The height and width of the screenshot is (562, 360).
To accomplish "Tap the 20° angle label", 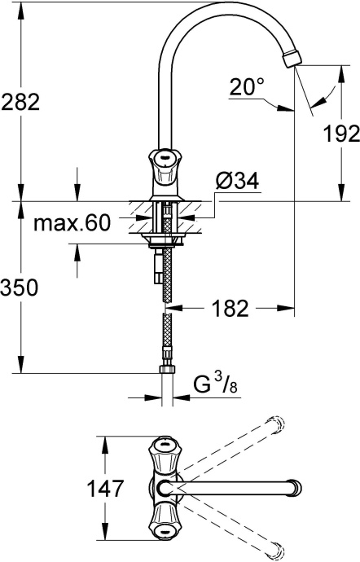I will point(248,86).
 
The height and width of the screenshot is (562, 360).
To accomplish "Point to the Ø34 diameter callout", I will point(239,183).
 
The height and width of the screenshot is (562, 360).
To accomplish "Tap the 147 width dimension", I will point(106,489).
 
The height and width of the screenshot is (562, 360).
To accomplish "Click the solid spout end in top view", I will point(288,488).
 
